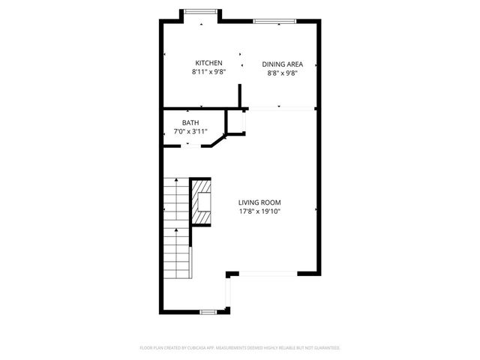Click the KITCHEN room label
[x=208, y=63]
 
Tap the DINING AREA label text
[x=282, y=64]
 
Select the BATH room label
[x=190, y=122]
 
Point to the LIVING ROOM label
[x=259, y=202]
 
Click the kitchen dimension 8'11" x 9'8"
[x=208, y=73]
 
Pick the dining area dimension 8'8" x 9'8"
[x=282, y=73]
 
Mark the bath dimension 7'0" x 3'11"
[x=190, y=131]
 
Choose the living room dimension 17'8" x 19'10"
[x=259, y=211]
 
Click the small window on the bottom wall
[x=208, y=310]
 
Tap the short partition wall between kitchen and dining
[x=240, y=97]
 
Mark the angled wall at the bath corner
[x=217, y=140]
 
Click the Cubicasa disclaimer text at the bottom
[x=240, y=348]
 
